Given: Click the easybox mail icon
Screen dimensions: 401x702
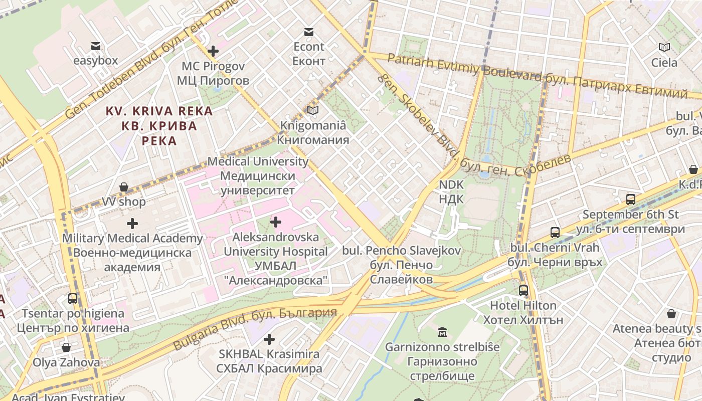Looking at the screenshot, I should (x=95, y=47).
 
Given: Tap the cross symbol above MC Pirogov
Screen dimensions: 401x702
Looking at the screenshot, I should (x=213, y=51).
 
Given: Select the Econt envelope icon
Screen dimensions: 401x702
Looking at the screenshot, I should (x=309, y=32).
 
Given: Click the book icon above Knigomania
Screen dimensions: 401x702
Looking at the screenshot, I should (x=313, y=110).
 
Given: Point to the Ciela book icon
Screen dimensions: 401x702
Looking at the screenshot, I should (x=664, y=48).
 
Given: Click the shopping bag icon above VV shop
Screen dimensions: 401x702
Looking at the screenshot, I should (x=124, y=187).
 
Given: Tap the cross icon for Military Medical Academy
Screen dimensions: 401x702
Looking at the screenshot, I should (x=132, y=224).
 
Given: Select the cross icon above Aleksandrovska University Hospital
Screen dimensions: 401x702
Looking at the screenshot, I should (x=275, y=222).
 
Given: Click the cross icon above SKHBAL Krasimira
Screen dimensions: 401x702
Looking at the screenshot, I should (x=269, y=339).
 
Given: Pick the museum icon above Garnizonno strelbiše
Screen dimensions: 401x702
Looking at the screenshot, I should (x=442, y=332).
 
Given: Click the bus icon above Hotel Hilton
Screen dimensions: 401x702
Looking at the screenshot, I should (x=523, y=290).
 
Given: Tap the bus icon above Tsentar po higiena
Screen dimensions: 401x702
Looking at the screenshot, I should (x=73, y=299).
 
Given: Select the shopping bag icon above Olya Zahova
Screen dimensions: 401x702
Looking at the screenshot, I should (x=66, y=347).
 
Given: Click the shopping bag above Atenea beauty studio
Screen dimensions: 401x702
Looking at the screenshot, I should (x=671, y=314).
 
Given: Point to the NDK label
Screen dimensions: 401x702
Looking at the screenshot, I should (x=451, y=192).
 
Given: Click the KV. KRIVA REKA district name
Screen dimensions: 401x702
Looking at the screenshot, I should (x=159, y=125).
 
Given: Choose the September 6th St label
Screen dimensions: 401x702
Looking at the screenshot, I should (x=630, y=222).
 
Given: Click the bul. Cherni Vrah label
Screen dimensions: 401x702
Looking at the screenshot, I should (x=555, y=255).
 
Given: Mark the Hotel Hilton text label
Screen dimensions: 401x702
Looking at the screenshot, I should (x=523, y=312).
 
